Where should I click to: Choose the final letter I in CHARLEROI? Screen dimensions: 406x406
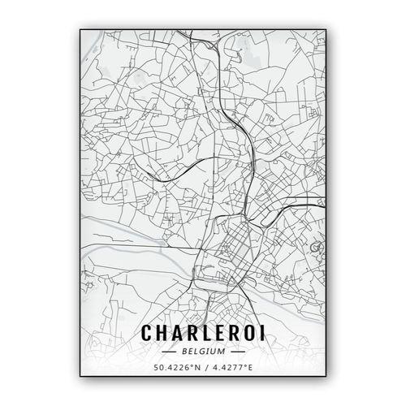coord(261,333)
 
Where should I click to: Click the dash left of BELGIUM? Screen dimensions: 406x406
coord(170,352)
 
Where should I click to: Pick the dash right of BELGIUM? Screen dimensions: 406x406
coord(236,352)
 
